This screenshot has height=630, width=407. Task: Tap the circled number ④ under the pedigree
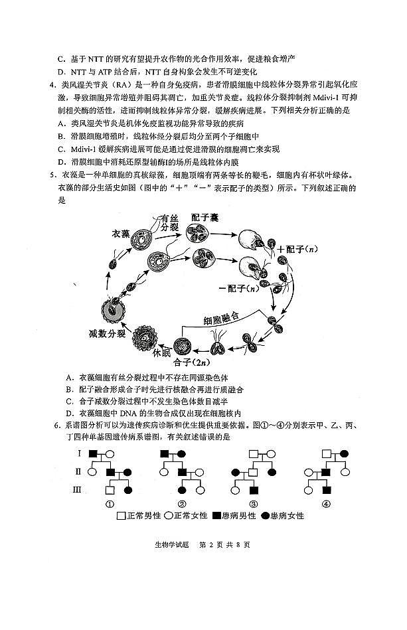click(x=325, y=503)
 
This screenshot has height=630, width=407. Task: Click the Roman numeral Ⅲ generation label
click(x=78, y=490)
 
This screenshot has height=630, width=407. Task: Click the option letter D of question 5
click(x=69, y=414)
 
